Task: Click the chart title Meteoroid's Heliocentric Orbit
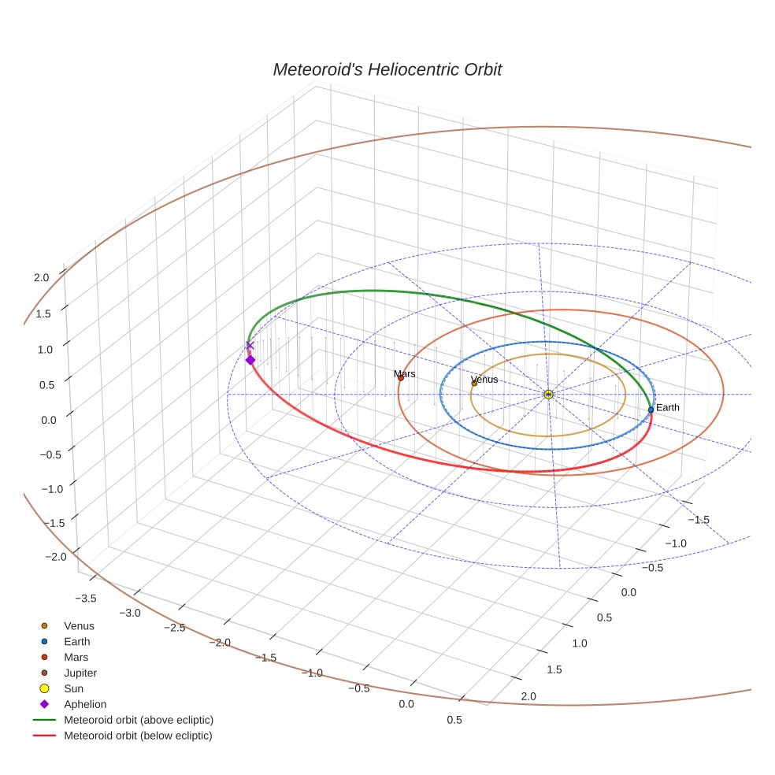click(387, 69)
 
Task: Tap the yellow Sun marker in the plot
click(548, 394)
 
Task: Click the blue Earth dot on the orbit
click(651, 410)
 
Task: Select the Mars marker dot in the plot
click(400, 378)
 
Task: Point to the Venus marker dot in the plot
click(474, 384)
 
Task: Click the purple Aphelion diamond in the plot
click(250, 360)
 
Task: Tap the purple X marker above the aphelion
click(250, 345)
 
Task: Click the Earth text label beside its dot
click(668, 407)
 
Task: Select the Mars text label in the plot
click(405, 373)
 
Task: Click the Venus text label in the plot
click(484, 380)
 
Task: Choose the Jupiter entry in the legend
click(80, 673)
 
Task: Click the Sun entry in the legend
click(73, 688)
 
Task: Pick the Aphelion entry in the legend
click(85, 704)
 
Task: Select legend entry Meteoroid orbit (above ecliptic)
click(139, 720)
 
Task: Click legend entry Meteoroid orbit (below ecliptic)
click(139, 736)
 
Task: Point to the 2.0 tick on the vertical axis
click(41, 277)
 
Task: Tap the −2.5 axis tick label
click(174, 627)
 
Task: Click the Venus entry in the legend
click(79, 626)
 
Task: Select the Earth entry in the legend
click(77, 642)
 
